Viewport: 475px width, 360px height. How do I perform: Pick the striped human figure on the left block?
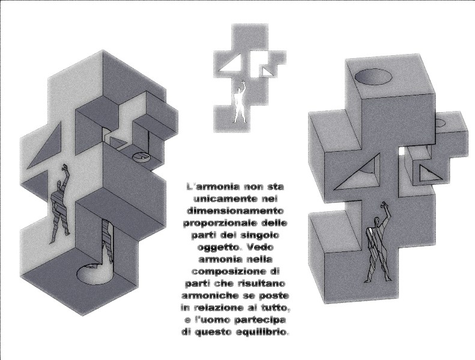pyautogui.click(x=61, y=204)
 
